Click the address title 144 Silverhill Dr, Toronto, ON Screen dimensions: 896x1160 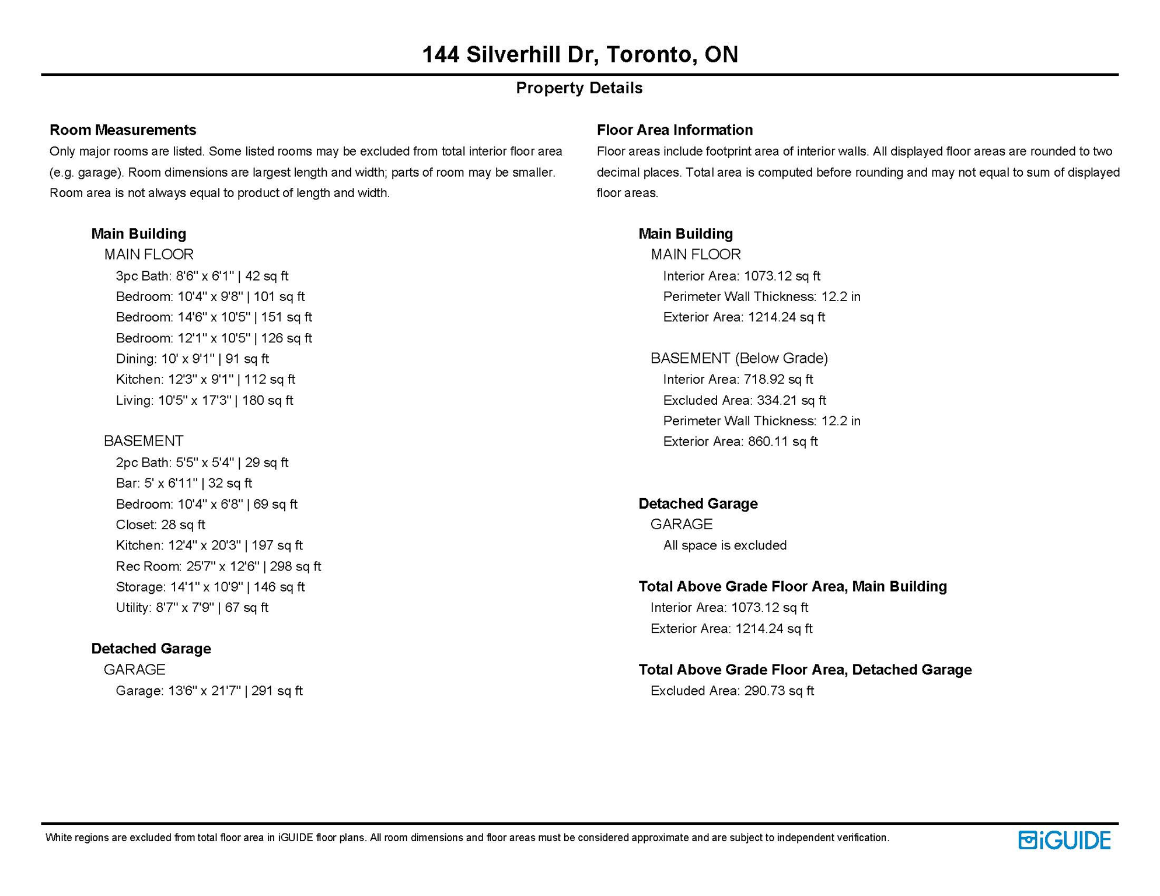pyautogui.click(x=579, y=54)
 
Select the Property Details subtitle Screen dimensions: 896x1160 pyautogui.click(x=579, y=88)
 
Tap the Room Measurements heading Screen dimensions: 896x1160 pyautogui.click(x=123, y=129)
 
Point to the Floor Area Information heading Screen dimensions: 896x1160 pyautogui.click(x=675, y=129)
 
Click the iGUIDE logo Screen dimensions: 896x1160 pyautogui.click(x=1064, y=840)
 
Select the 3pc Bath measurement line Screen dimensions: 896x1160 pyautogui.click(x=202, y=276)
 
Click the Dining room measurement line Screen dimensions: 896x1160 pyautogui.click(x=192, y=359)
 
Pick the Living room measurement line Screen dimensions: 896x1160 pyautogui.click(x=204, y=400)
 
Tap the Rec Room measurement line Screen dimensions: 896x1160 pyautogui.click(x=218, y=566)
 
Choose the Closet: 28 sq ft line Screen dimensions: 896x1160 pyautogui.click(x=160, y=525)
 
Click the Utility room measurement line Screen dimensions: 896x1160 pyautogui.click(x=192, y=608)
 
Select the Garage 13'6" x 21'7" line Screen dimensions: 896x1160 pyautogui.click(x=209, y=691)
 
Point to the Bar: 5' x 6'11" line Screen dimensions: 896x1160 pyautogui.click(x=184, y=483)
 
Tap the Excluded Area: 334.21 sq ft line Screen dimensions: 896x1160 pyautogui.click(x=745, y=400)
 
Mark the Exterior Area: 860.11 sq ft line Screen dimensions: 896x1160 pyautogui.click(x=740, y=442)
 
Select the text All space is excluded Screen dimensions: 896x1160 pyautogui.click(x=725, y=545)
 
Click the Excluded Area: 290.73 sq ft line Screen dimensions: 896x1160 pyautogui.click(x=732, y=691)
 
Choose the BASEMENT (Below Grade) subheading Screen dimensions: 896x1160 pyautogui.click(x=739, y=358)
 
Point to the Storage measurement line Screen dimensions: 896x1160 pyautogui.click(x=210, y=587)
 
